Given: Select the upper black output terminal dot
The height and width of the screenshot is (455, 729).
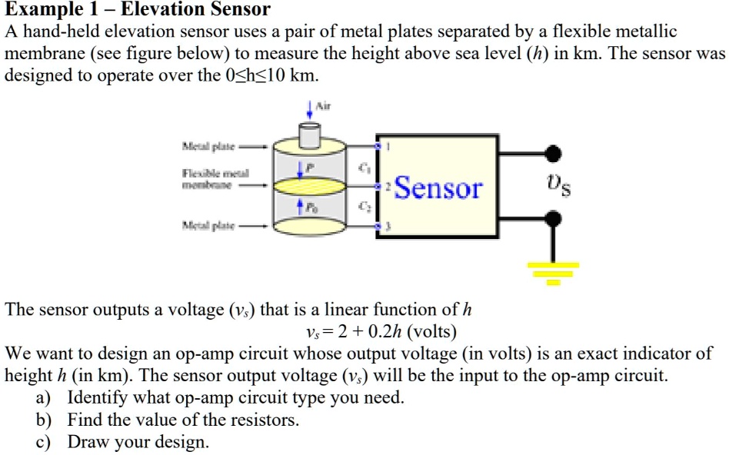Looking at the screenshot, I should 553,153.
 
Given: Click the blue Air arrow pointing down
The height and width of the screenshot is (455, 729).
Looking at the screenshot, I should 309,110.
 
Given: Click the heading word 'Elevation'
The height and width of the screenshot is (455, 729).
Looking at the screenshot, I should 161,10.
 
